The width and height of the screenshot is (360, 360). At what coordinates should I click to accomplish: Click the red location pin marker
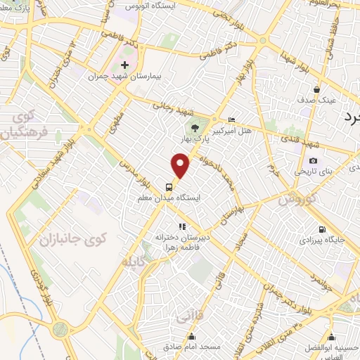[x=181, y=166]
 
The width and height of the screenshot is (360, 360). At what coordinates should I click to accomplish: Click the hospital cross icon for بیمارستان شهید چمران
[x=124, y=65]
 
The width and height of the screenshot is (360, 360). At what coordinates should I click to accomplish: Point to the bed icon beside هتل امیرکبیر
[x=233, y=120]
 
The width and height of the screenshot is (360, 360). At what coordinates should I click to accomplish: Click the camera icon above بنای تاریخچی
[x=313, y=161]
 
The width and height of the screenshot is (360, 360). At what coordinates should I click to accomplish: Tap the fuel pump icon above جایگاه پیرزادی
[x=322, y=229]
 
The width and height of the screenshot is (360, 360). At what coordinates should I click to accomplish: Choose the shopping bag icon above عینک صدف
[x=317, y=89]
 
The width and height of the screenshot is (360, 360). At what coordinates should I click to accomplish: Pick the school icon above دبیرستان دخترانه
[x=182, y=226]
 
